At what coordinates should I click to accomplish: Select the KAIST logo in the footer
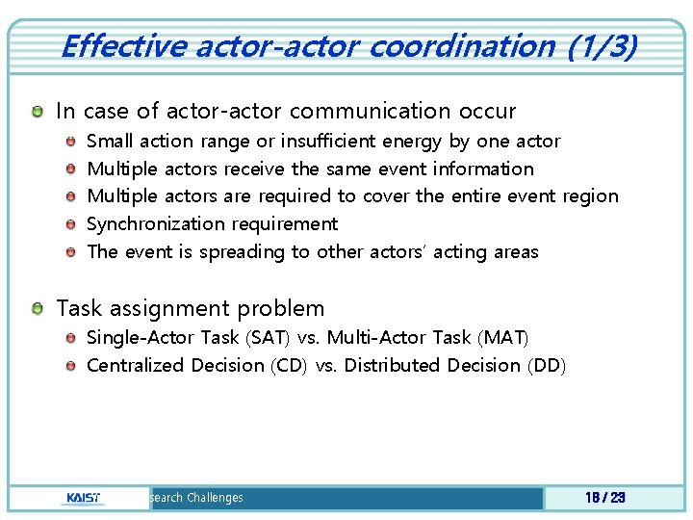pyautogui.click(x=86, y=498)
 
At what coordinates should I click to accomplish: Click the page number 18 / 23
pyautogui.click(x=604, y=498)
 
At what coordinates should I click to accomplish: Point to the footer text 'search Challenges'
pyautogui.click(x=196, y=498)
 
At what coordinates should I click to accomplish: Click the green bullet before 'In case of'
pyautogui.click(x=37, y=113)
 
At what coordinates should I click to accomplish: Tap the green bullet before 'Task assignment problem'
pyautogui.click(x=37, y=309)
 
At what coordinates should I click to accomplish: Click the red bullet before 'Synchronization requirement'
pyautogui.click(x=71, y=224)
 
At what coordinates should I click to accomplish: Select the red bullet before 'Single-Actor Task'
pyautogui.click(x=71, y=338)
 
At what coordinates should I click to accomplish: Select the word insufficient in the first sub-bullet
pyautogui.click(x=324, y=142)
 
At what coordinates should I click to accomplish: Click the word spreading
pyautogui.click(x=247, y=252)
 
